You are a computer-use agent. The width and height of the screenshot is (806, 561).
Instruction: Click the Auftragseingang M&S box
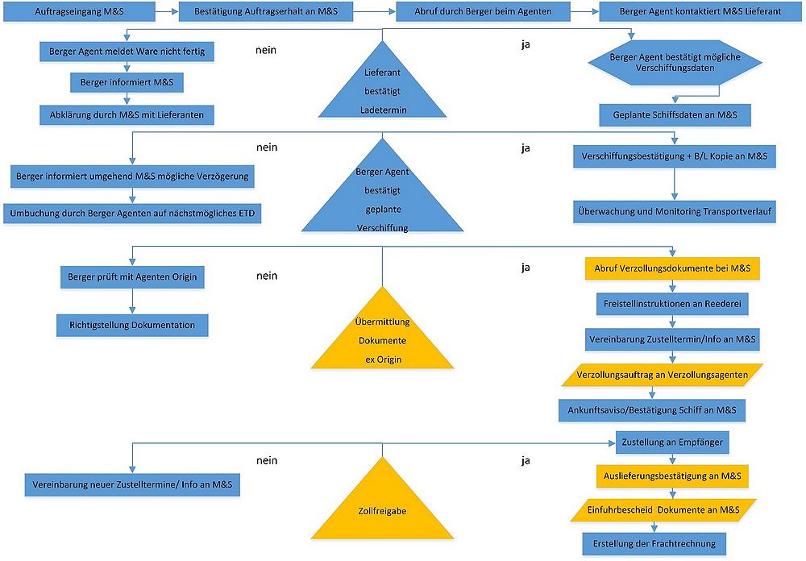(79, 11)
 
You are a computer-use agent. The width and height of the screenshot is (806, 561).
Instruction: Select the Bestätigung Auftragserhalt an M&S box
(266, 11)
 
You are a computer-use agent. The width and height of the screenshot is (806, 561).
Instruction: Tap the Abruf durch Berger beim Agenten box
(483, 11)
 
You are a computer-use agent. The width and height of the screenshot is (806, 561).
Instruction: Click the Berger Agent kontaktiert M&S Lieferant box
(700, 11)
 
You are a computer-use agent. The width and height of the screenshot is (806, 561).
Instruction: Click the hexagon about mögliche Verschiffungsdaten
(675, 62)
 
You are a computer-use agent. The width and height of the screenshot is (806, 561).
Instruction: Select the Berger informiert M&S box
(127, 82)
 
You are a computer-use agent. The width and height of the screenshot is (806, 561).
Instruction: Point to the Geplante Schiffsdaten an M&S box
(675, 115)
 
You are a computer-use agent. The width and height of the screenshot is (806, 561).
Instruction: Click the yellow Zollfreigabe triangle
(382, 506)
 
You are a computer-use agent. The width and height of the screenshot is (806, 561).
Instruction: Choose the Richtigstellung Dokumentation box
(132, 325)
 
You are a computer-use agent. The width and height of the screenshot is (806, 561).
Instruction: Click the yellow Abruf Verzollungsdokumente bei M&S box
(672, 268)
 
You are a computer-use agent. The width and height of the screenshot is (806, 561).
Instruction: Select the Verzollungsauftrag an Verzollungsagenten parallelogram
(662, 375)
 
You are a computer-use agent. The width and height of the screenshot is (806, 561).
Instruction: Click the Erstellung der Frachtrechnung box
(654, 544)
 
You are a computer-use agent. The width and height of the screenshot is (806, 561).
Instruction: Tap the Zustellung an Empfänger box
(672, 443)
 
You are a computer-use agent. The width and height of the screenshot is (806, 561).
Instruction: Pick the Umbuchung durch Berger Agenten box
(132, 214)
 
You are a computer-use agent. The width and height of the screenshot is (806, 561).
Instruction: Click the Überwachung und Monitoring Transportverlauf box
(675, 211)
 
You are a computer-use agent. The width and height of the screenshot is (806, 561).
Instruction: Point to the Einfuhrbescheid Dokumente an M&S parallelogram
(663, 510)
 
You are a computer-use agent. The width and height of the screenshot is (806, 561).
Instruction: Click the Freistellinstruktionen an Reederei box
(672, 304)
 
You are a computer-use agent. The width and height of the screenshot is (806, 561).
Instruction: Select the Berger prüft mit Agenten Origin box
(132, 277)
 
